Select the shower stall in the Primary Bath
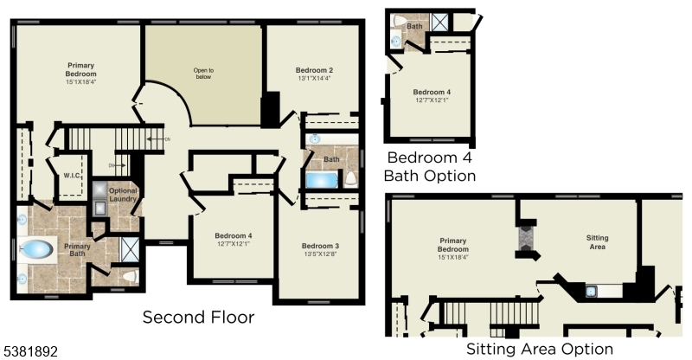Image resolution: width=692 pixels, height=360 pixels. tap(129, 249)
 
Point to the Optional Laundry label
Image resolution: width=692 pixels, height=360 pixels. tap(124, 195)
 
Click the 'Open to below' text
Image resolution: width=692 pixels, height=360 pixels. tap(203, 73)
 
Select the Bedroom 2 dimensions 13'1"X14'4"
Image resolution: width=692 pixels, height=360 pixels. tap(314, 79)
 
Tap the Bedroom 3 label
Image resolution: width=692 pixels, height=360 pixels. tap(320, 246)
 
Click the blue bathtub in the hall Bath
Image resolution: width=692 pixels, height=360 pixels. tap(322, 180)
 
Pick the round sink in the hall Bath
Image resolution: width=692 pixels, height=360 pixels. tap(314, 138)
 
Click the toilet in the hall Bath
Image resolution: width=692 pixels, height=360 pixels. tap(351, 179)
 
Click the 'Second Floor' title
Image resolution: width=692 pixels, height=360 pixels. tap(199, 317)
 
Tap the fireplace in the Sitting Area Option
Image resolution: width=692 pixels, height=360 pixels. tap(525, 237)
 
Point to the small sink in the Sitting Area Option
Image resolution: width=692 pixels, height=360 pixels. tap(591, 291)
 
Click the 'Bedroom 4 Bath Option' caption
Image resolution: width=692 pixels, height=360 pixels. tap(431, 166)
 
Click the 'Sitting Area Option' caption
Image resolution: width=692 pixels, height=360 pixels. tap(540, 349)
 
